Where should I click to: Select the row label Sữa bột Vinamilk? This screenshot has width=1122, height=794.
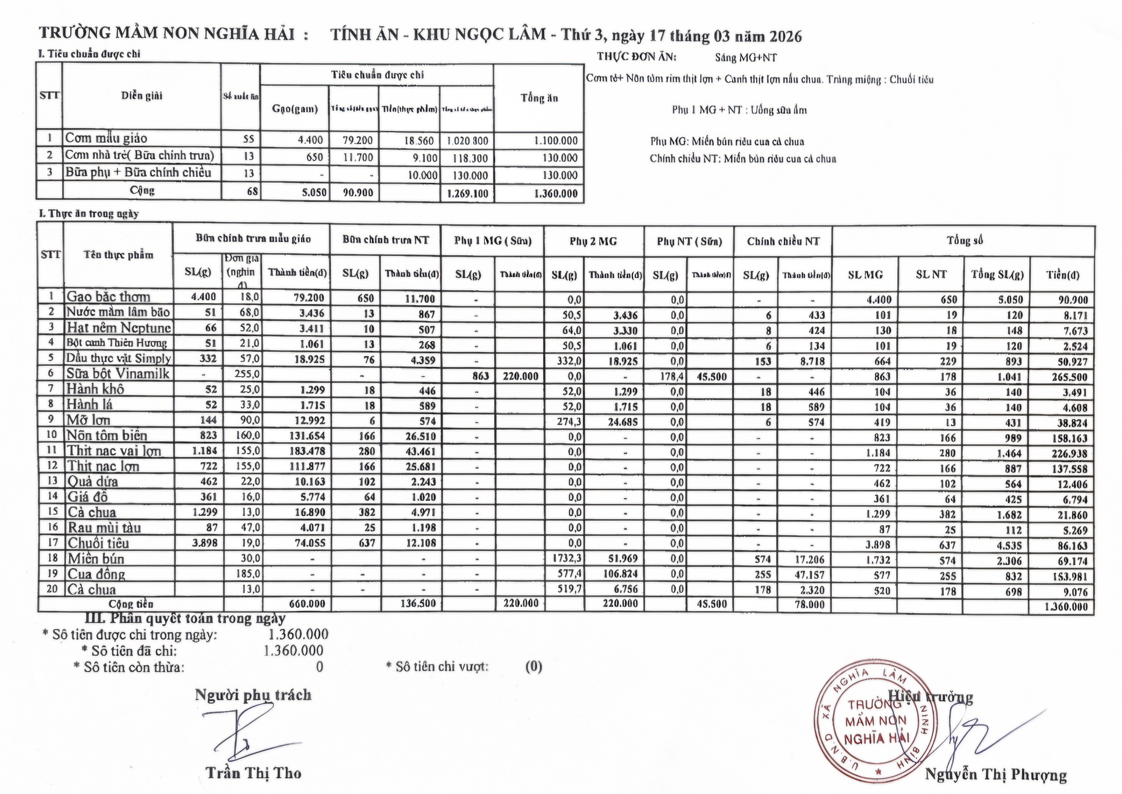tap(118, 374)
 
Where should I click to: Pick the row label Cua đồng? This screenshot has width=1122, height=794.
tap(96, 574)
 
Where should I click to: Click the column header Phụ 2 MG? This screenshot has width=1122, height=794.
tap(593, 241)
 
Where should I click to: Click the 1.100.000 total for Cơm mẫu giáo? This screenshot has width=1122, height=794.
tap(556, 141)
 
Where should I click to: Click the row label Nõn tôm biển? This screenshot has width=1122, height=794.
tap(107, 436)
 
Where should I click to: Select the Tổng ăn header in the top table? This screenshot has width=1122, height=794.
tap(539, 98)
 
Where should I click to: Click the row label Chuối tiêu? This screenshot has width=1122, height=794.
tap(98, 543)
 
